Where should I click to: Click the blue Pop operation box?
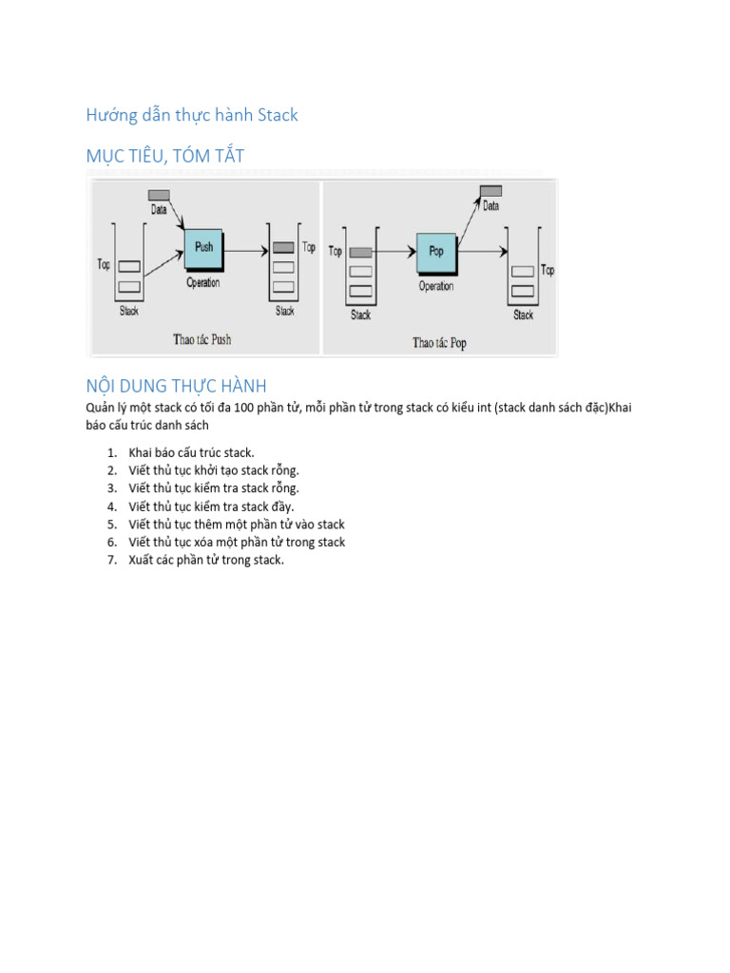click(435, 253)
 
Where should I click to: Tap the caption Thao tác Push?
click(202, 338)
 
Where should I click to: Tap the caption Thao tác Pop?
click(439, 342)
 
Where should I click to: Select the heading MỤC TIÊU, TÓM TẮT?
click(165, 156)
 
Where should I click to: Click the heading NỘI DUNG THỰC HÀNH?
click(176, 386)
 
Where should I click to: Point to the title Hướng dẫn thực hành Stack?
click(192, 115)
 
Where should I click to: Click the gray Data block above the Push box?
click(159, 196)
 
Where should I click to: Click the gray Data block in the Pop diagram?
click(490, 191)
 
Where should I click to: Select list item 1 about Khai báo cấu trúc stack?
click(191, 452)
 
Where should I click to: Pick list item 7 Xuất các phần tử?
click(206, 560)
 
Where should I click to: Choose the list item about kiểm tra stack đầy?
click(211, 506)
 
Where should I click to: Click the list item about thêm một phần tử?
click(237, 525)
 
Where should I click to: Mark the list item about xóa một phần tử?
click(237, 543)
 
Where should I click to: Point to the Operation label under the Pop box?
click(436, 286)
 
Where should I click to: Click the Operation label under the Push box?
click(202, 283)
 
